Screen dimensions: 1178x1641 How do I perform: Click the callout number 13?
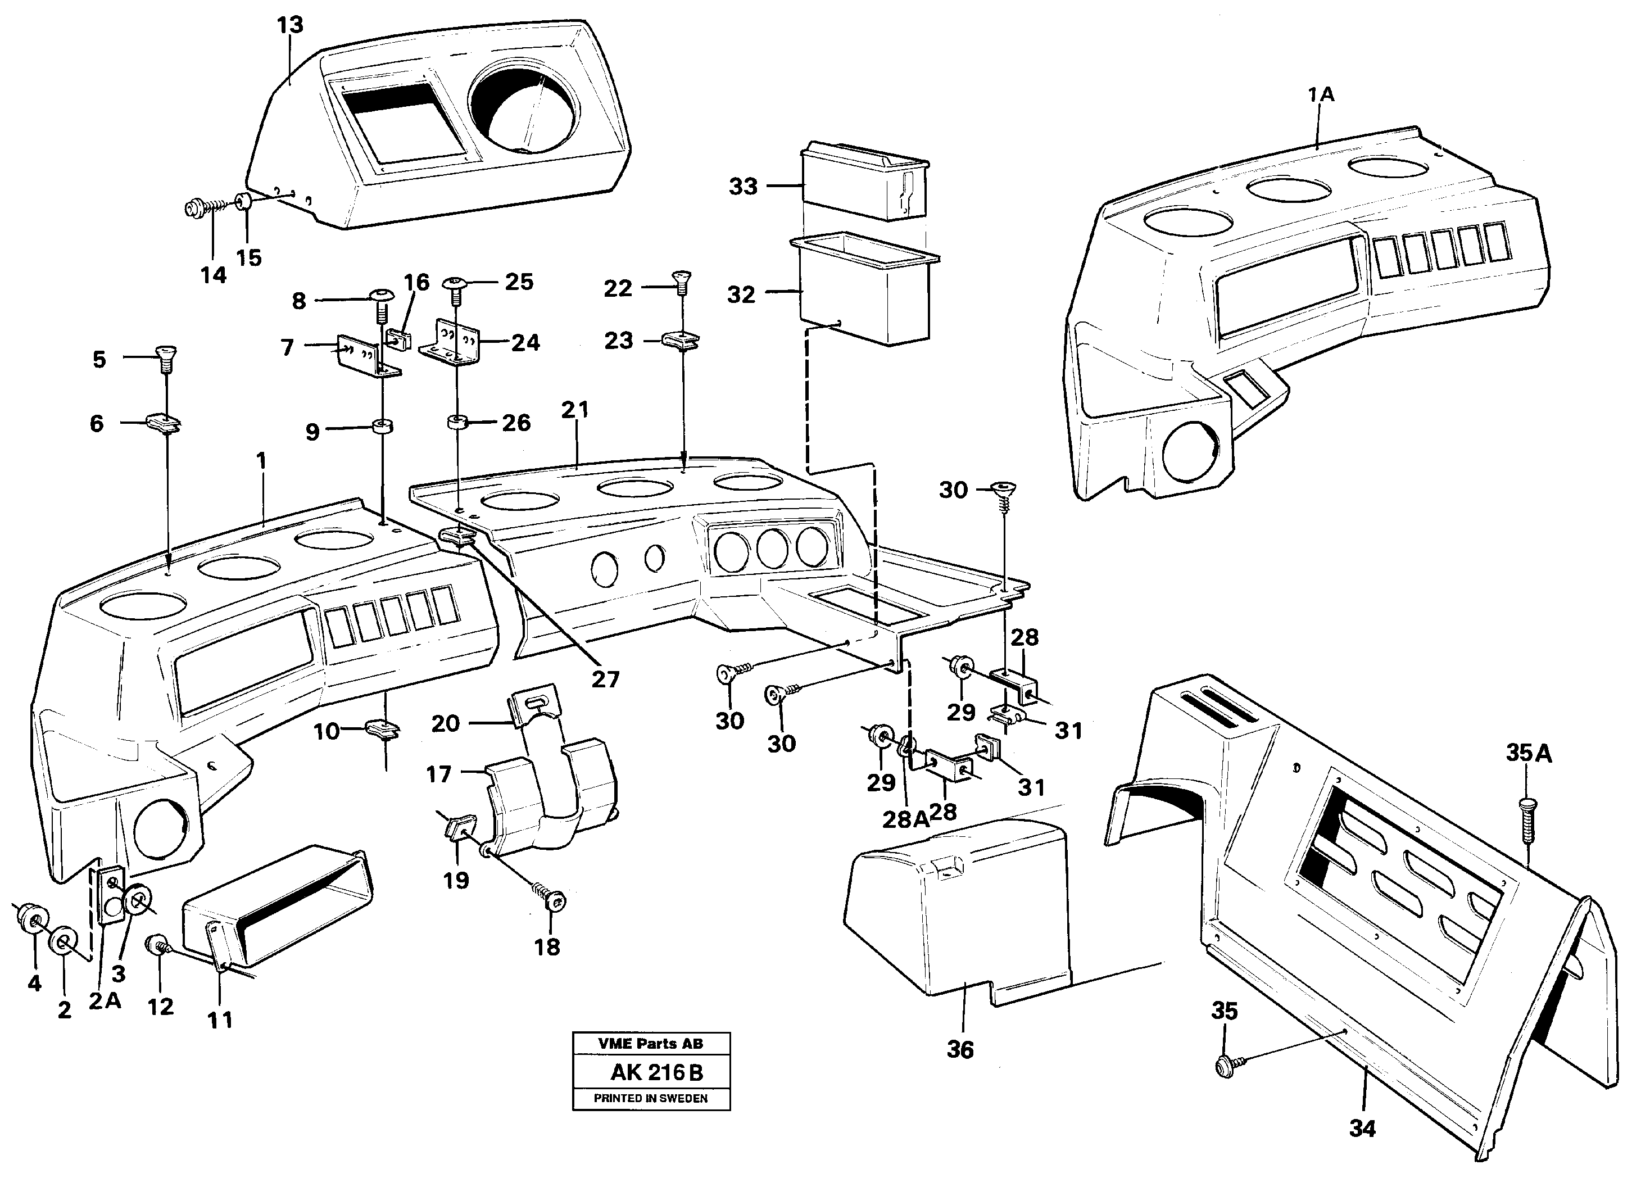(289, 25)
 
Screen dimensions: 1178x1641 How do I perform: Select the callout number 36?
(960, 1049)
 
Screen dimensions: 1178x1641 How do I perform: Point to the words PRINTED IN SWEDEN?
(650, 1098)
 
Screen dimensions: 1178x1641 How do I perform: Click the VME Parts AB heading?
(650, 1044)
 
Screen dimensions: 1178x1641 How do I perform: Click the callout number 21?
(575, 410)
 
